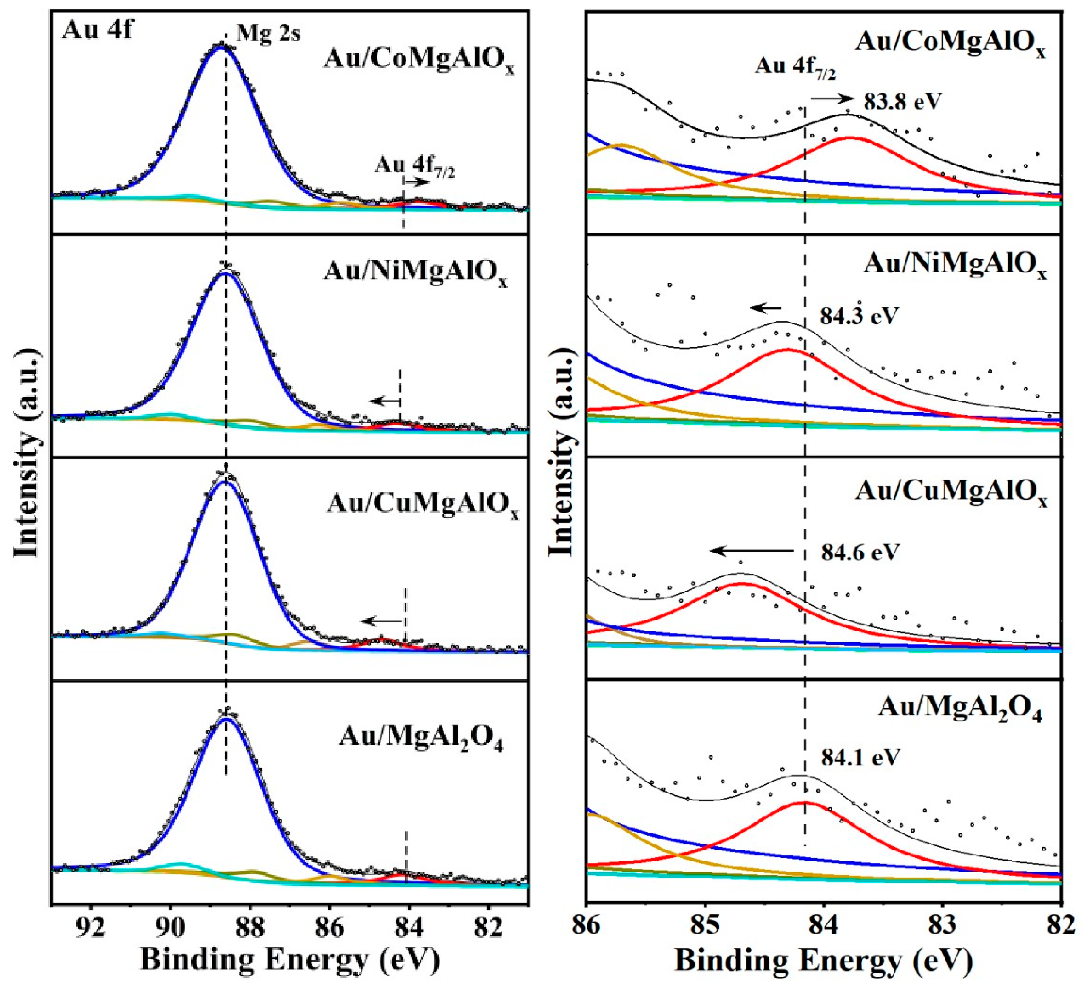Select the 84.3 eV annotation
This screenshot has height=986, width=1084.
(x=859, y=316)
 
